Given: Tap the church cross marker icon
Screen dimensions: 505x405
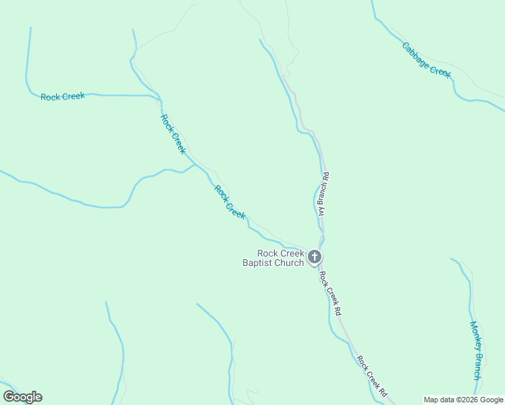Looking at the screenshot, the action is click(x=314, y=256).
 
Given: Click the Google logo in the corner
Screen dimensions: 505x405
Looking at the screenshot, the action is click(x=22, y=397).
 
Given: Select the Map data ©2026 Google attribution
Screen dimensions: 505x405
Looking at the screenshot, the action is click(x=463, y=400).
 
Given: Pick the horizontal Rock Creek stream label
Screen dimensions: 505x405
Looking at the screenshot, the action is click(x=63, y=97).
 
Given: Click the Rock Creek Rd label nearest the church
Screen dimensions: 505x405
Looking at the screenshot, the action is click(x=330, y=294).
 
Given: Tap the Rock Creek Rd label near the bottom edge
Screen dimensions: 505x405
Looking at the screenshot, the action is click(x=372, y=376).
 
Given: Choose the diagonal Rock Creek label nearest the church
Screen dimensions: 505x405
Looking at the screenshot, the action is click(x=230, y=201).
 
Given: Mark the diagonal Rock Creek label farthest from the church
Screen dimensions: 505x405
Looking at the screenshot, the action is click(x=172, y=134).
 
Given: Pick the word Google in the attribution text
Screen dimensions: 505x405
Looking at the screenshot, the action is click(x=490, y=400).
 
